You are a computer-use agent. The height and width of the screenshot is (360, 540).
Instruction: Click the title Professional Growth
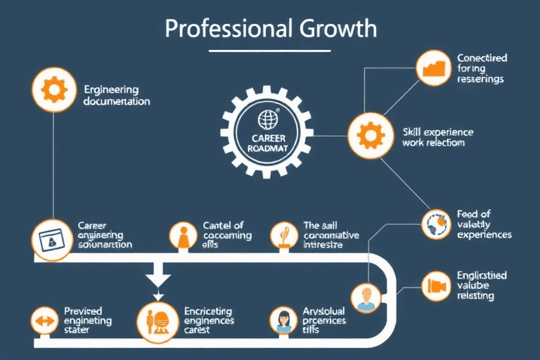tap(270, 29)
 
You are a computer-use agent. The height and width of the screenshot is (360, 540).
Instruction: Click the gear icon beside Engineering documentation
tap(53, 90)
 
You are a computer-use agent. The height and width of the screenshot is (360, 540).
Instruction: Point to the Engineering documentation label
tap(117, 96)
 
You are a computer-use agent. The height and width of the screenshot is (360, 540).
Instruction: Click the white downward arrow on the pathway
tap(157, 277)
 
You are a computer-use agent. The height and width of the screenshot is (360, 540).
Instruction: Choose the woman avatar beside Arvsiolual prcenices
tap(284, 321)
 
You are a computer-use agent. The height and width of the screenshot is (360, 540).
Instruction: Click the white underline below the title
tap(270, 51)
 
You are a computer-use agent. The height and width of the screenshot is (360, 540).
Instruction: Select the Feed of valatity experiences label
tap(484, 224)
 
